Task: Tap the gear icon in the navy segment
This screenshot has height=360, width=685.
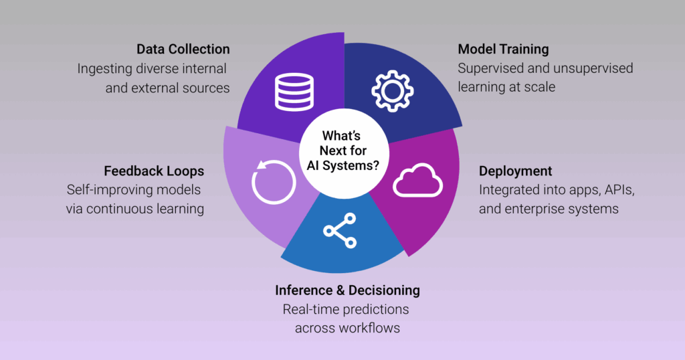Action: (392, 92)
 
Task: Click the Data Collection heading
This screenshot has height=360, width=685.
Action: (183, 50)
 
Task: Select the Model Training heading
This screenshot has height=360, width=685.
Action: (503, 50)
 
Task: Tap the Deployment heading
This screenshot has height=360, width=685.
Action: (514, 171)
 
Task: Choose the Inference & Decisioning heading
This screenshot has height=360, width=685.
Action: (347, 290)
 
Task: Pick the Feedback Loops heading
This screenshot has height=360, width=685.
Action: (153, 171)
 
